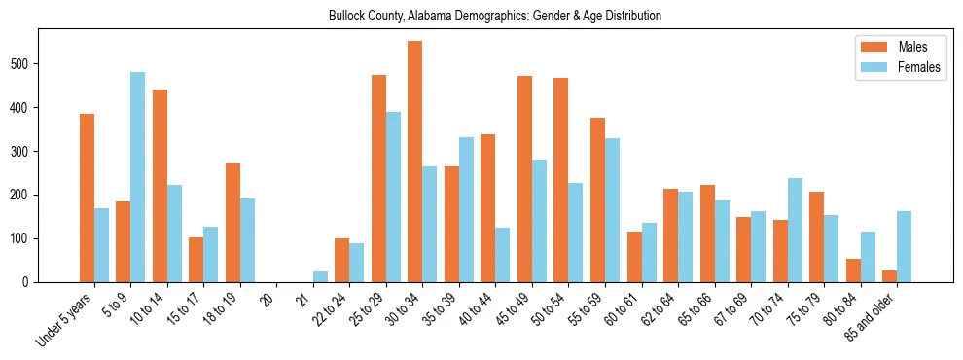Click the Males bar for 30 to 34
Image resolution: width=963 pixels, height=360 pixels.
click(x=415, y=162)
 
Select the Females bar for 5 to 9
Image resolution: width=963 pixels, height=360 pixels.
click(x=138, y=177)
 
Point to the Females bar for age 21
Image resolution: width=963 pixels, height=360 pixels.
click(x=320, y=276)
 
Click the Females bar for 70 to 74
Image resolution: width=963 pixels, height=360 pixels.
click(x=795, y=230)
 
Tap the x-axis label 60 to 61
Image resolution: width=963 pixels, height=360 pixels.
click(x=623, y=309)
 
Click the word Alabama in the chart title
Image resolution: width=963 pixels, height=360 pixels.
click(x=410, y=17)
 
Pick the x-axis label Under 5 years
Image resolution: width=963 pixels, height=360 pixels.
click(x=66, y=317)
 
